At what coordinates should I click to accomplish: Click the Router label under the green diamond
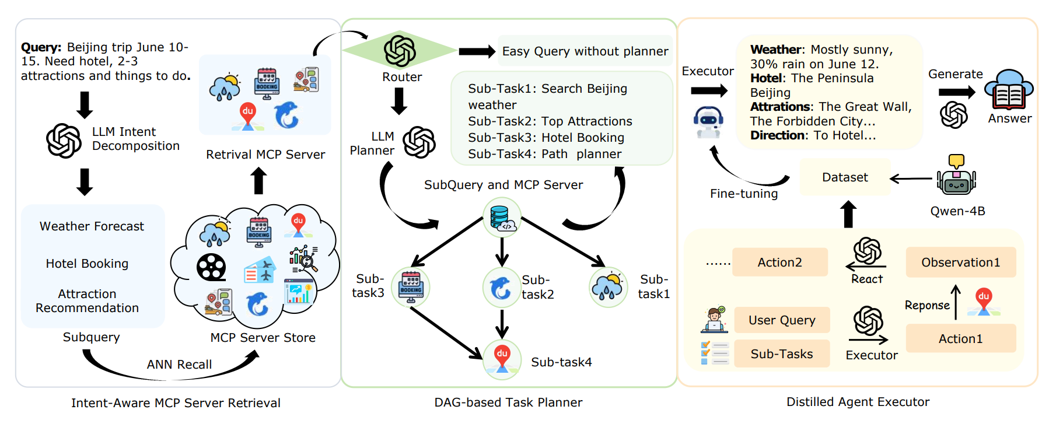coord(402,77)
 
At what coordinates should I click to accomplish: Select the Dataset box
coord(845,177)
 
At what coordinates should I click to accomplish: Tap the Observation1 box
coord(960,262)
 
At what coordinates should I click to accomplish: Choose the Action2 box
coord(779,262)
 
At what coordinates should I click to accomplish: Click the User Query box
coord(782,320)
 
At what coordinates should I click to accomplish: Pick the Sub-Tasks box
coord(782,354)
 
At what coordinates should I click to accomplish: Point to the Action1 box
coord(960,339)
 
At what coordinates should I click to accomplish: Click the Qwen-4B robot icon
coord(956,177)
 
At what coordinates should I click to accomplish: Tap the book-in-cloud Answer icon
coord(1009,90)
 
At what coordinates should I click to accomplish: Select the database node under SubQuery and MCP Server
coord(502,218)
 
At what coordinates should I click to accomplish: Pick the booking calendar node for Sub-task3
coord(411,287)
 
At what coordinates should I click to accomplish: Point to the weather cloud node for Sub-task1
coord(608,287)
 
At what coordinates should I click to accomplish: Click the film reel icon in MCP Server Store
coord(211,268)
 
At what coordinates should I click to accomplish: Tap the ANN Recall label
coord(179,365)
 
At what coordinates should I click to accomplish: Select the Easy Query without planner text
coord(585,51)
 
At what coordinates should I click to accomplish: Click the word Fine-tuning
coord(744,194)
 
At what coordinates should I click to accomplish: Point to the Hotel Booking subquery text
coord(87,264)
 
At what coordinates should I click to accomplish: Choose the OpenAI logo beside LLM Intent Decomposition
coord(64,141)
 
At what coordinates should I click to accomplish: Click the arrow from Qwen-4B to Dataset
coord(911,178)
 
